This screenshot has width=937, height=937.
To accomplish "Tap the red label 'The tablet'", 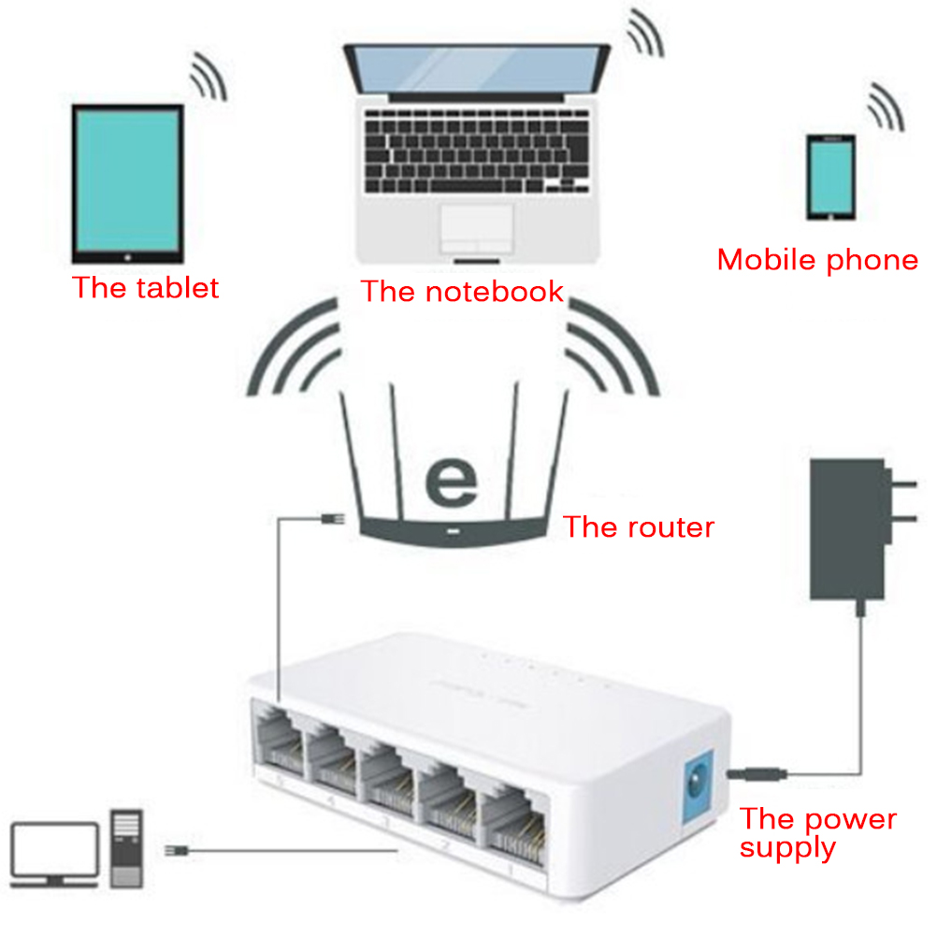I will click(x=145, y=287).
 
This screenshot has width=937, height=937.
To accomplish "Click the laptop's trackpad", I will click(x=477, y=225).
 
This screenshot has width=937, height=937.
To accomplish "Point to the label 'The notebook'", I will click(x=462, y=291).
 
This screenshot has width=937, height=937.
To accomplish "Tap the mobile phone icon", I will click(x=830, y=177).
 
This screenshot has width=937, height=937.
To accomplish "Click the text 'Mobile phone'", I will click(x=817, y=259).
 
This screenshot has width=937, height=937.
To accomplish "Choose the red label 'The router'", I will click(x=638, y=526).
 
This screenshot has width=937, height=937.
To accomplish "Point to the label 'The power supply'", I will click(x=816, y=832).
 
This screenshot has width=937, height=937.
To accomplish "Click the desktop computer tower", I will click(x=128, y=847).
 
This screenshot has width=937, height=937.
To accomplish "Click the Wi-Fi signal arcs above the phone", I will click(x=885, y=107).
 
